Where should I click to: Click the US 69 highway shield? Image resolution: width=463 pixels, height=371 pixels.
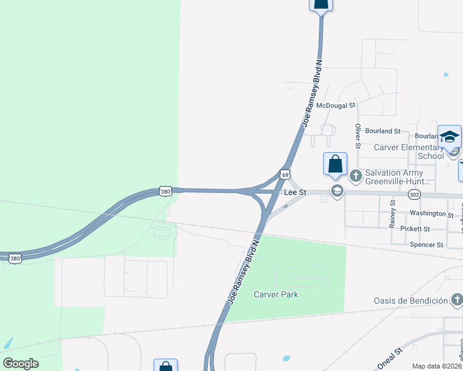(285, 175)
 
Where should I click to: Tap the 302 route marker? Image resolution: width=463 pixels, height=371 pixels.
(414, 194)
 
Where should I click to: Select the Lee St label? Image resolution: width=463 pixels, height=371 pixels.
(295, 193)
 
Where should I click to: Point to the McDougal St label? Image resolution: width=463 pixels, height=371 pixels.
(335, 106)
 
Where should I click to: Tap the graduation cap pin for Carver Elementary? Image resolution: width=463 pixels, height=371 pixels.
(449, 137)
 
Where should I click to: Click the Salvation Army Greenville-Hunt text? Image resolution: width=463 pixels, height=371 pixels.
(403, 177)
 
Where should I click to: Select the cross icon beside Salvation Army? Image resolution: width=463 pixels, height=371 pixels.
(355, 176)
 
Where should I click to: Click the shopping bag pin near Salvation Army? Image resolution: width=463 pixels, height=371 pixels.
(335, 164)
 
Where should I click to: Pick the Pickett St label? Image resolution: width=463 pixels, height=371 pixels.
(415, 229)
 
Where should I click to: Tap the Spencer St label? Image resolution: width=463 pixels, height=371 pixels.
(426, 245)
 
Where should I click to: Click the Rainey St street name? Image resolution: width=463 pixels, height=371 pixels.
(392, 213)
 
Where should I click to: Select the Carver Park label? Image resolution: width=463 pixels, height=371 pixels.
(276, 294)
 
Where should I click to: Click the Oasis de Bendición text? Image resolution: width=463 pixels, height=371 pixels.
(410, 301)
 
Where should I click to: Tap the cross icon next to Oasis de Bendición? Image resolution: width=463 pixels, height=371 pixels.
(456, 301)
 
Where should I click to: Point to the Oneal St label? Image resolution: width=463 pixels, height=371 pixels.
(390, 358)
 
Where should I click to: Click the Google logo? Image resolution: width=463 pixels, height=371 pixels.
(20, 364)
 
